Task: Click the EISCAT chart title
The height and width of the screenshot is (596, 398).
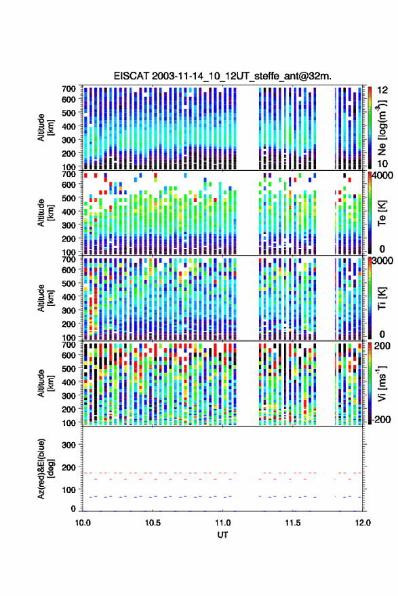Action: pyautogui.click(x=222, y=76)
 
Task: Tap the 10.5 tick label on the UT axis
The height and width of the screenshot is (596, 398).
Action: pyautogui.click(x=153, y=523)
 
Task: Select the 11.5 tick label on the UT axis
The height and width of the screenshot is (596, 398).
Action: pyautogui.click(x=293, y=523)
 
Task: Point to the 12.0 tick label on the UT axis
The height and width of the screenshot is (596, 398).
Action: pyautogui.click(x=363, y=523)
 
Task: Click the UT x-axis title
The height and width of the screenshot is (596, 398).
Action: pyautogui.click(x=222, y=535)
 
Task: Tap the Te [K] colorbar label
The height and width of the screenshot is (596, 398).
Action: pyautogui.click(x=382, y=213)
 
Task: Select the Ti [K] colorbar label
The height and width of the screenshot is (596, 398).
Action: pyautogui.click(x=382, y=298)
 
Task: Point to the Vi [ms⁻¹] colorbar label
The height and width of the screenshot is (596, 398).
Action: pyautogui.click(x=382, y=383)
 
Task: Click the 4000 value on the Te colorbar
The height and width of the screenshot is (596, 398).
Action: pyautogui.click(x=382, y=176)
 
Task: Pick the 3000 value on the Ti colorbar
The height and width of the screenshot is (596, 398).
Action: pyautogui.click(x=382, y=261)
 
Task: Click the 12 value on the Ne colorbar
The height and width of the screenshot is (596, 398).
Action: pyautogui.click(x=382, y=90)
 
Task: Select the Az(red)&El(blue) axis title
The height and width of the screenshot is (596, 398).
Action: pyautogui.click(x=45, y=469)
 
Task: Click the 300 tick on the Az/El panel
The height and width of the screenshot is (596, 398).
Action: pyautogui.click(x=68, y=445)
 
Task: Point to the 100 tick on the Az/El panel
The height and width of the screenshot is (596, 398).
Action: pyautogui.click(x=68, y=490)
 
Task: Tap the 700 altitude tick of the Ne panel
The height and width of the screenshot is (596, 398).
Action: pyautogui.click(x=68, y=89)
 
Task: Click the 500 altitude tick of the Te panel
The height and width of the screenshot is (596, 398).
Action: pyautogui.click(x=68, y=198)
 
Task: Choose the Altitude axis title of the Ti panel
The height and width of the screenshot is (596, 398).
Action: pyautogui.click(x=45, y=298)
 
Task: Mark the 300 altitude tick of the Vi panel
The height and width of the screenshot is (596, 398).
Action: pyautogui.click(x=68, y=396)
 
